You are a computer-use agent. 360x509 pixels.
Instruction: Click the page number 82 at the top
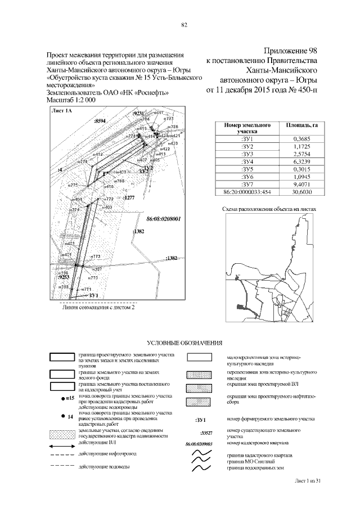[184, 24]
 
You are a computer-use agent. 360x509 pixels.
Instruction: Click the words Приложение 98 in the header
[291, 52]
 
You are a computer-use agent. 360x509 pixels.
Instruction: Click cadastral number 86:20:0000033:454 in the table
[247, 192]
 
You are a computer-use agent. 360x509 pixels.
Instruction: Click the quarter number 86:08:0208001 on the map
[163, 218]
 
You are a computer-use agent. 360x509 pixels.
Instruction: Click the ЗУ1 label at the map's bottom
[93, 295]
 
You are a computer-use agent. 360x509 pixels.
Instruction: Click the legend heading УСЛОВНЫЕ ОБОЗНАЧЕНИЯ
[184, 343]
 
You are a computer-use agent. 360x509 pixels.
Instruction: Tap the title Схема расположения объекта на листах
[269, 209]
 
